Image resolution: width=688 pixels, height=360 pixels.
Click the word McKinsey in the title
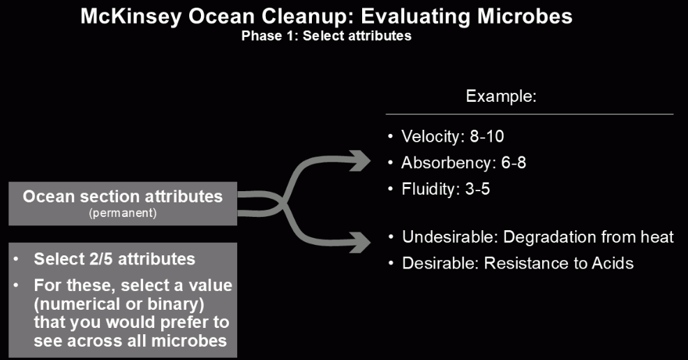(x=130, y=17)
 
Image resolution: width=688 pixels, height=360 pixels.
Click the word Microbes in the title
(x=525, y=16)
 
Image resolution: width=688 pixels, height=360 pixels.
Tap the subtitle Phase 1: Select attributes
(x=327, y=36)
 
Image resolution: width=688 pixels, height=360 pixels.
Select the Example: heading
(x=501, y=96)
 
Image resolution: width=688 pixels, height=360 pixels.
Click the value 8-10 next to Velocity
(x=487, y=136)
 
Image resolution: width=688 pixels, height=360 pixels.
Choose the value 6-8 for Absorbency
(x=514, y=163)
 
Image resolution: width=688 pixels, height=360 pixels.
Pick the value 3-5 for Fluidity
(x=477, y=189)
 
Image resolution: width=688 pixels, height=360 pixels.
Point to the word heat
(x=657, y=237)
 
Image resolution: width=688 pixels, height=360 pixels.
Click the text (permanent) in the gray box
(x=123, y=213)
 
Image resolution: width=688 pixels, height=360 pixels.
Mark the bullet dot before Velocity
(x=391, y=136)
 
